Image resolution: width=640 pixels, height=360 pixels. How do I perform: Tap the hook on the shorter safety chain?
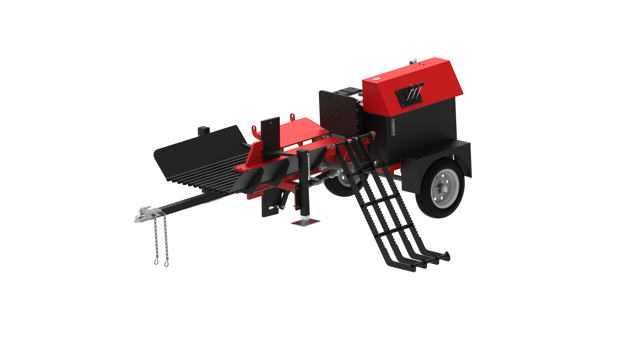[156, 261]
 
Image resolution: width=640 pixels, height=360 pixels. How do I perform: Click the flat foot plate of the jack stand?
[305, 222]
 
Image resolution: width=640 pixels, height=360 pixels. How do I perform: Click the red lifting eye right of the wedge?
[292, 117]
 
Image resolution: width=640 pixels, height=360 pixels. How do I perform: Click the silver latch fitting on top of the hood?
[413, 61]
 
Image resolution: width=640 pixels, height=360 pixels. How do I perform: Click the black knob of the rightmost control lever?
[422, 84]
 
